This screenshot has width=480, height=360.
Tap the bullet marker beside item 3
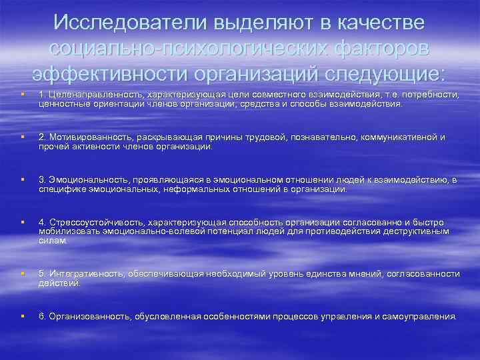click(23, 180)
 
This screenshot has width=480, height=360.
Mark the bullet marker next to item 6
click(23, 316)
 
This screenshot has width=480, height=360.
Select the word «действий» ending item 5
click(59, 283)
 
